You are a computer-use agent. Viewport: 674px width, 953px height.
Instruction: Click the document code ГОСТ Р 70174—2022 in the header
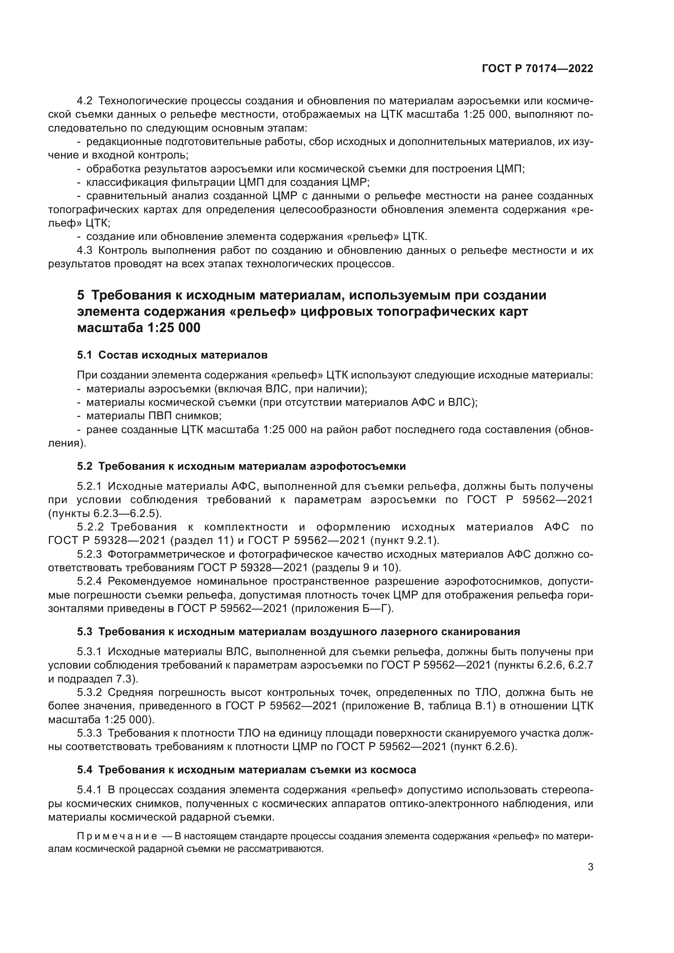tap(537, 69)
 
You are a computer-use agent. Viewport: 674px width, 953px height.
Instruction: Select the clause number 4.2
tap(85, 101)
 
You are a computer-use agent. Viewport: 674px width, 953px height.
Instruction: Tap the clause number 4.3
tap(85, 250)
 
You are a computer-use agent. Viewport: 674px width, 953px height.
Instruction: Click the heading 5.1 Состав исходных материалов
tap(172, 355)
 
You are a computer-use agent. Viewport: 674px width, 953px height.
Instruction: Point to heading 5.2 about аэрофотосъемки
tap(241, 466)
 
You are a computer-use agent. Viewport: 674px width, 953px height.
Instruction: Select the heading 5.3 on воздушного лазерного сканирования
tap(298, 632)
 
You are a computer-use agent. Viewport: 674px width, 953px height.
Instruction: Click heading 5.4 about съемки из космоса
tap(246, 770)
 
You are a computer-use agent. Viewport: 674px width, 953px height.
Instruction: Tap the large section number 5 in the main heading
tap(81, 295)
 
